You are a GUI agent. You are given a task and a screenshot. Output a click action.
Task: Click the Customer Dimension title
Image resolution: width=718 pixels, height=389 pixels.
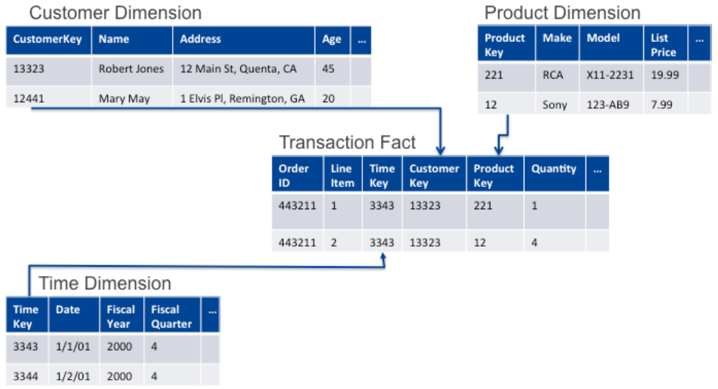pos(116,12)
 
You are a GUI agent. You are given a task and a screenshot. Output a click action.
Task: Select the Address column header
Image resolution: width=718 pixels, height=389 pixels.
pos(200,39)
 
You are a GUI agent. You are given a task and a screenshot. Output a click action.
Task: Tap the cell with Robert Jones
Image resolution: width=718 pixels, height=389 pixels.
pos(131,68)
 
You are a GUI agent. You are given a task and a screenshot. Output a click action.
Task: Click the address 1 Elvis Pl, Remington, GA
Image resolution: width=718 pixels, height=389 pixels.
pos(242,98)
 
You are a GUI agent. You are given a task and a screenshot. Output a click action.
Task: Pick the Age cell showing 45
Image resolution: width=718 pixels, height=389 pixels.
pos(329,68)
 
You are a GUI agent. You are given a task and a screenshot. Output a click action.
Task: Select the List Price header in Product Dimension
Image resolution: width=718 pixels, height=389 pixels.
pos(663,45)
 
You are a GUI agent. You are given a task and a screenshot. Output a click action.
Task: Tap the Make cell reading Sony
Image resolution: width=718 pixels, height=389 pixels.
pos(555,104)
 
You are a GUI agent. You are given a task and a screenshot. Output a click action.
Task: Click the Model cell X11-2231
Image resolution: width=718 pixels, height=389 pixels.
pos(610,75)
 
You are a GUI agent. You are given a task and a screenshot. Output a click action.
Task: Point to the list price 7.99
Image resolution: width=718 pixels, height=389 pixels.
pos(662,104)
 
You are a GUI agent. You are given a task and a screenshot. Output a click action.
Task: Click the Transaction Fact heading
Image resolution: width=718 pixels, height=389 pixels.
pos(347,142)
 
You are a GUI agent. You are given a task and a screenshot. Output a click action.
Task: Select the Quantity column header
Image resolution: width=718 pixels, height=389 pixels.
pos(553,169)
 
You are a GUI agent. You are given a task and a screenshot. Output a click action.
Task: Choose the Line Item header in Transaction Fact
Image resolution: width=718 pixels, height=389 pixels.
pos(342,176)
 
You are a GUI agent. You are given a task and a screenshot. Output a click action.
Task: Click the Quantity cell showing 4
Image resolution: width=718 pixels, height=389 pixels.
pos(534,242)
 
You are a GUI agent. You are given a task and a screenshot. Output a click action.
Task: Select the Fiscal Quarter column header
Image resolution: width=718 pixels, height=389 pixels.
pos(171,316)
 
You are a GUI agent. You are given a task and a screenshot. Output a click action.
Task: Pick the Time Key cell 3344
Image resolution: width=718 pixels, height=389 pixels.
pos(26,376)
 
